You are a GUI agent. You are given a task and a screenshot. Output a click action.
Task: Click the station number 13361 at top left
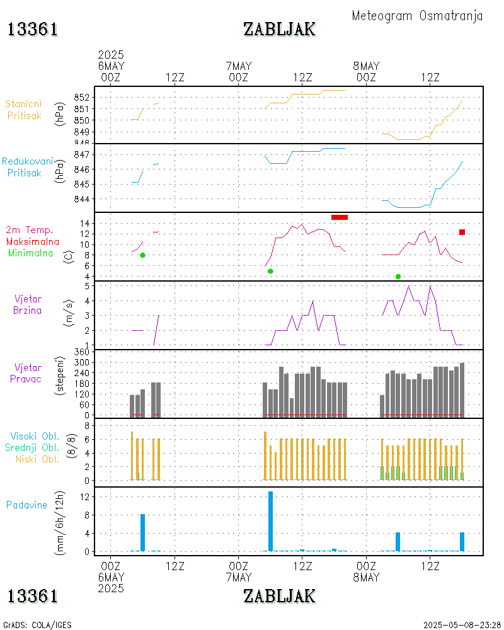click(33, 29)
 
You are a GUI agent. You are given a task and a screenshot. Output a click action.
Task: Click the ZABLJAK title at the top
click(279, 29)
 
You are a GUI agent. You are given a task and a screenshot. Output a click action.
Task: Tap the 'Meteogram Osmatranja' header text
click(417, 16)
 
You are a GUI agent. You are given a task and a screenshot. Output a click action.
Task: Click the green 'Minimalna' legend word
click(31, 253)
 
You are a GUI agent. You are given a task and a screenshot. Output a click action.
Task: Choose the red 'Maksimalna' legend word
click(33, 241)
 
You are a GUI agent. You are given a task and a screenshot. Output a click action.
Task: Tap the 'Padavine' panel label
click(27, 505)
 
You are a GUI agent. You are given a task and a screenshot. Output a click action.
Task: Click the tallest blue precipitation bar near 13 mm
click(270, 521)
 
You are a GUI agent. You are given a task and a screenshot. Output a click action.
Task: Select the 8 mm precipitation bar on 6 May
click(142, 532)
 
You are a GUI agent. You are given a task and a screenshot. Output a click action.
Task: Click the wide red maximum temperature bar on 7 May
click(340, 217)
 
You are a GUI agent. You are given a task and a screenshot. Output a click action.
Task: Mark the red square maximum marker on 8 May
click(462, 232)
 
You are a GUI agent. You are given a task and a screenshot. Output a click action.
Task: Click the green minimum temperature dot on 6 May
click(142, 255)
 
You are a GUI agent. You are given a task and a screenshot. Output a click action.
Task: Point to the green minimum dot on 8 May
click(398, 277)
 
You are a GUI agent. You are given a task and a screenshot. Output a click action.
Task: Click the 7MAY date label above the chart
click(238, 66)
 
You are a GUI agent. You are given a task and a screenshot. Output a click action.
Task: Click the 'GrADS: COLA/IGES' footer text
click(37, 625)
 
